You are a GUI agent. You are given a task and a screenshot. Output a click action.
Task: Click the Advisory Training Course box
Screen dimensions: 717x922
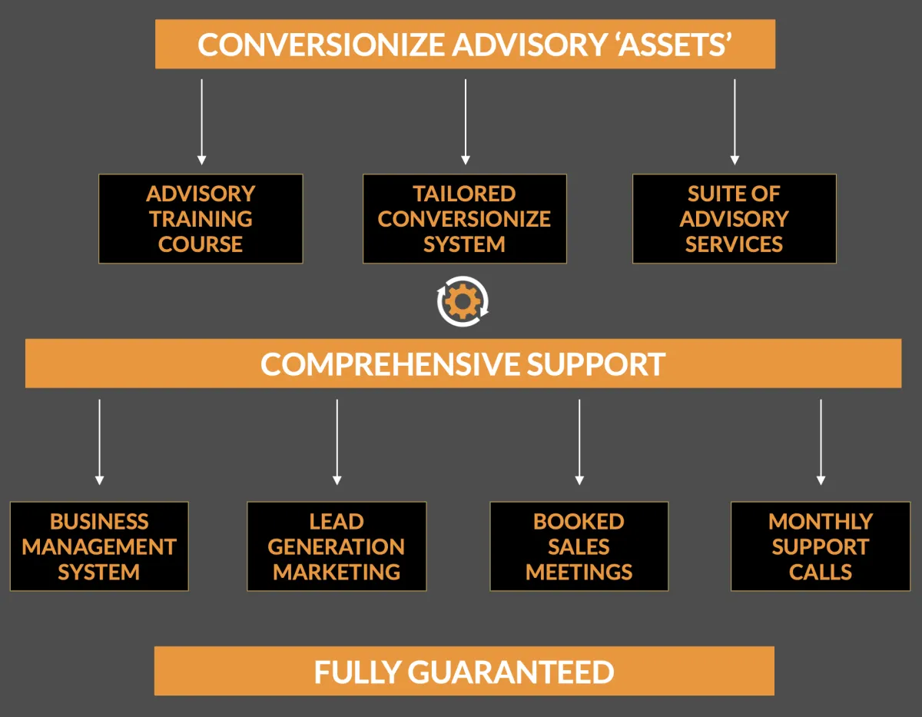point(201,219)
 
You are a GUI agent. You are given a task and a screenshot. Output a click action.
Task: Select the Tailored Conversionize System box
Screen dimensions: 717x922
point(464,219)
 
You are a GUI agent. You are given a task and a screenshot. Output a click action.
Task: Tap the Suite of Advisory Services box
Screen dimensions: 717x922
point(734,219)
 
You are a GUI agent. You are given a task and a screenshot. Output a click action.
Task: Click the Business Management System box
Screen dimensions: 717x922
point(99,546)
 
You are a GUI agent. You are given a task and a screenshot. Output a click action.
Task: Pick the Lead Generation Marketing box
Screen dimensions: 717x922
point(337,546)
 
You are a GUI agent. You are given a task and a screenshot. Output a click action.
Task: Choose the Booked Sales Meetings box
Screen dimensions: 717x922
point(579,546)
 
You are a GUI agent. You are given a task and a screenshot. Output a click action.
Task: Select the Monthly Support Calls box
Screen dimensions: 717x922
point(821,546)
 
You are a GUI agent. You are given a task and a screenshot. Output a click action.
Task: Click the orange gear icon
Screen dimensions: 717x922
point(463,302)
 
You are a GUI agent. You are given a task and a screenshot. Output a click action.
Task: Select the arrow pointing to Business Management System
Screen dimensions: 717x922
point(99,442)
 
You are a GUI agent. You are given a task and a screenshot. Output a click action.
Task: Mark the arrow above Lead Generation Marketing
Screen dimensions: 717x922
point(337,442)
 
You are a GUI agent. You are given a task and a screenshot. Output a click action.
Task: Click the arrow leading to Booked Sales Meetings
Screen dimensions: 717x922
point(579,442)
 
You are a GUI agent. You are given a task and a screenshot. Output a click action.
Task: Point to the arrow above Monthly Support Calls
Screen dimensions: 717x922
point(821,442)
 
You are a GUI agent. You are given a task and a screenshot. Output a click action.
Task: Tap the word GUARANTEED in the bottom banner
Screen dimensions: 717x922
point(510,672)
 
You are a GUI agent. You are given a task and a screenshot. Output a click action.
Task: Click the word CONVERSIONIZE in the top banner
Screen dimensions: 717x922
point(320,45)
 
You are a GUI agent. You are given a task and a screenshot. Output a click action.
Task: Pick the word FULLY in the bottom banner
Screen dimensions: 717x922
point(357,672)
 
